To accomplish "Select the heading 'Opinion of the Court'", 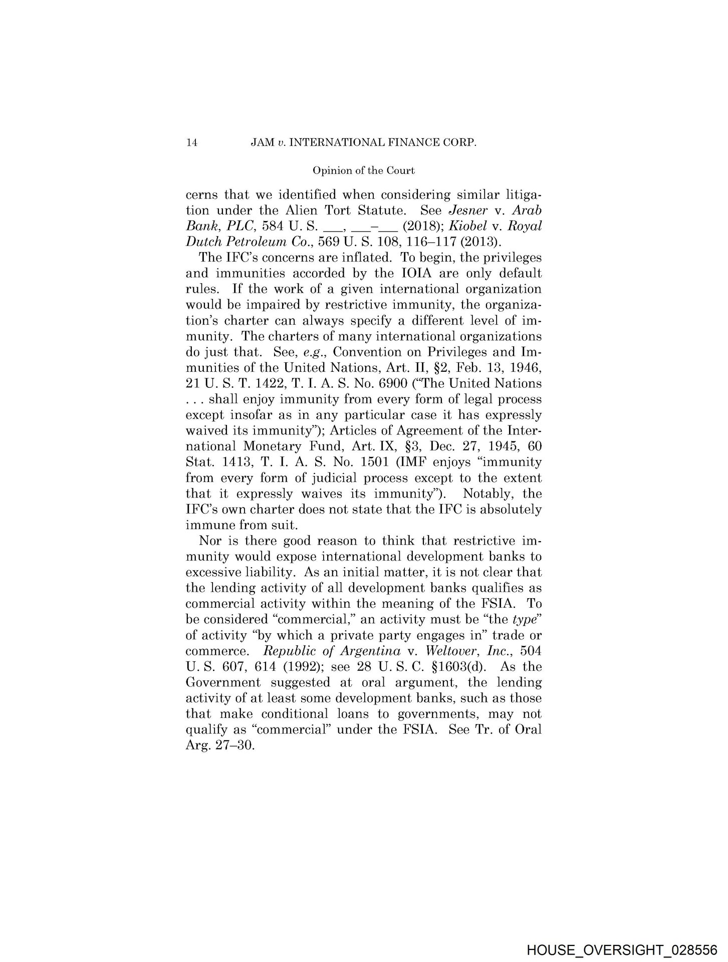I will click(x=363, y=171).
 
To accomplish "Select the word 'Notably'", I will click(x=486, y=494).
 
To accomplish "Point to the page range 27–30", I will click(x=234, y=745).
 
